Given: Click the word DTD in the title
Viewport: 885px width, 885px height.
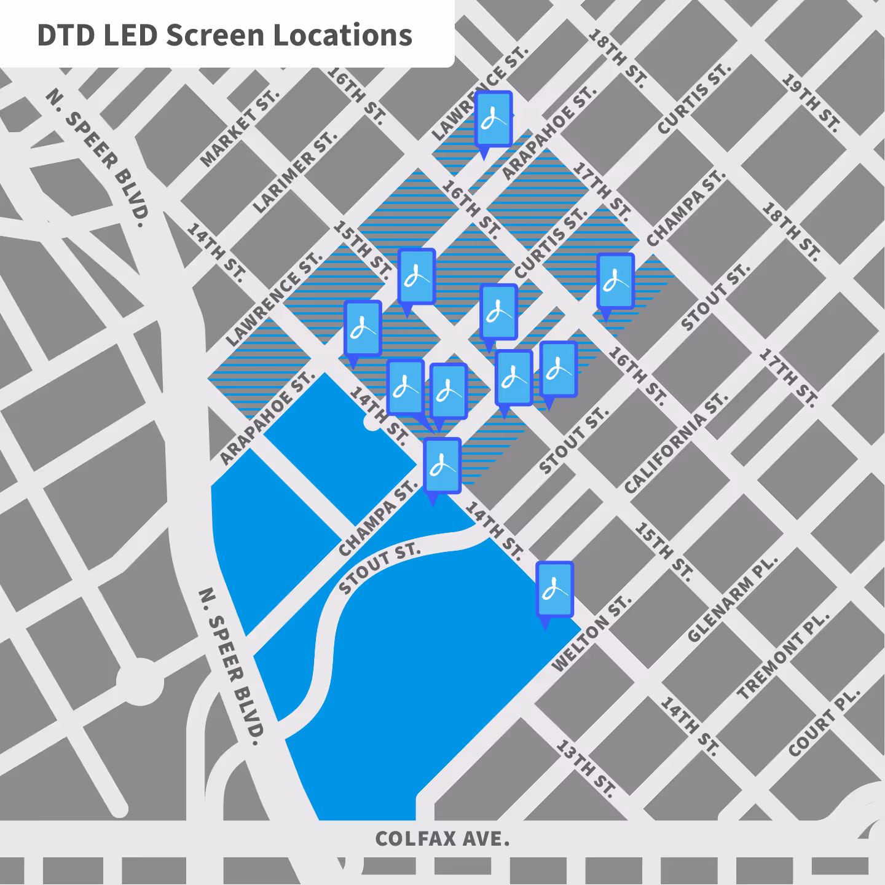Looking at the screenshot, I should coord(65,36).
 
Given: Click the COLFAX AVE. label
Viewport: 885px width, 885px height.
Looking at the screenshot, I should coord(442,839).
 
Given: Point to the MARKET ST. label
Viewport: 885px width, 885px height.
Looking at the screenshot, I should coord(240,128).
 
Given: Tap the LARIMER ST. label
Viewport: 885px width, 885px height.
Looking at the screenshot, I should coord(295,173).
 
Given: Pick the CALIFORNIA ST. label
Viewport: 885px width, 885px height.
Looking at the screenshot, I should coord(675,443).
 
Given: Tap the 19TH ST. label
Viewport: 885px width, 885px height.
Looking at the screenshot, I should coord(811,103).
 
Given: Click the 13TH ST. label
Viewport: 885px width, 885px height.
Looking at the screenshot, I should coord(586,768).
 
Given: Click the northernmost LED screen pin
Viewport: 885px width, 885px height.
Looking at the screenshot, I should coord(494,120).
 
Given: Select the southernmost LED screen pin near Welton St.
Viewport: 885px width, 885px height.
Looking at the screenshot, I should coord(555,590).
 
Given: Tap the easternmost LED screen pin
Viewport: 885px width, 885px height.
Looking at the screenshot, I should coord(615,282).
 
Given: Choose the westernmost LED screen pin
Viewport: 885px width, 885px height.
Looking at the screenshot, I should coord(363,329).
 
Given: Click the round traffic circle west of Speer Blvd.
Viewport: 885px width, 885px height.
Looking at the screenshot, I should coord(141,682).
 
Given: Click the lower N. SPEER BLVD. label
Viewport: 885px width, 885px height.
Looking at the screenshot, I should coord(231,666).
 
